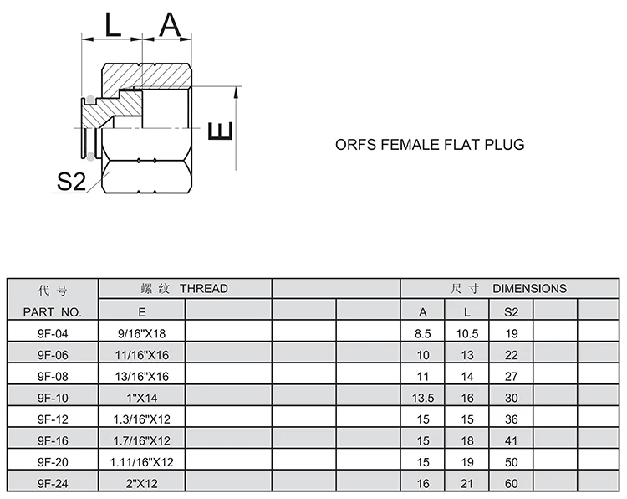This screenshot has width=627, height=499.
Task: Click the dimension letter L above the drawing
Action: coord(112,26)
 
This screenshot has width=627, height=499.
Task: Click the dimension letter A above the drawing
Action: coord(171,26)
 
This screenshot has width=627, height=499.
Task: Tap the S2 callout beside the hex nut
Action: coord(71,181)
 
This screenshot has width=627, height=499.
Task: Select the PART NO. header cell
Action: coord(54,312)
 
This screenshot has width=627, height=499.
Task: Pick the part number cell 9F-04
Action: coord(54,333)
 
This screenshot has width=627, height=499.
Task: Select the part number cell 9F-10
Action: coord(54,397)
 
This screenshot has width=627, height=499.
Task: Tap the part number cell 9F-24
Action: coord(54,483)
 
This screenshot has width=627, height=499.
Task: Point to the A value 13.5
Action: coord(423,397)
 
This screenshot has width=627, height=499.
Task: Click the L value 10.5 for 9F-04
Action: coord(467,333)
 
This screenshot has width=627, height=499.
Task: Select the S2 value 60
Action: coord(511,483)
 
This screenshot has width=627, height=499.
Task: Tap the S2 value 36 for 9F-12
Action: coord(511,419)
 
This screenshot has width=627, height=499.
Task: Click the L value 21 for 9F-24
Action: coord(467,483)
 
